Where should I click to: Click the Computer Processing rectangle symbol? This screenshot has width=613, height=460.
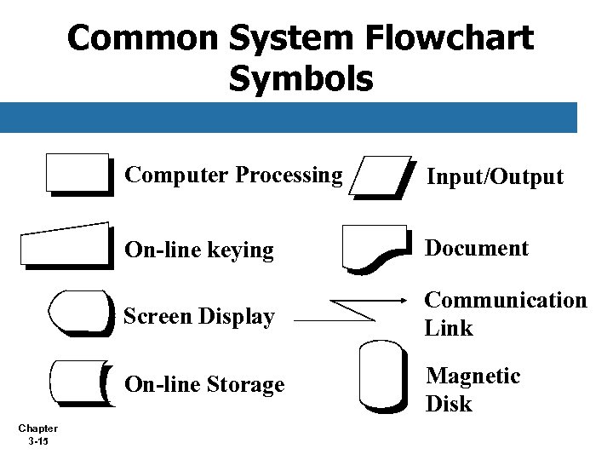coord(79,174)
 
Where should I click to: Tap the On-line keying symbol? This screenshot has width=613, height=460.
coord(66,245)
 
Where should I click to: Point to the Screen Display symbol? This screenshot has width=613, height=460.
coord(80,313)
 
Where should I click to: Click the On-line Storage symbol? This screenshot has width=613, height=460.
coord(78,384)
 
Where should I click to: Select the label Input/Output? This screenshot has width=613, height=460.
coord(495,177)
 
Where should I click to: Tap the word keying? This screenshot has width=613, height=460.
coord(242,250)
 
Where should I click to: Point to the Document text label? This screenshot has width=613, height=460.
coord(477,248)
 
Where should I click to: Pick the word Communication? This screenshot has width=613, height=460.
coord(506,301)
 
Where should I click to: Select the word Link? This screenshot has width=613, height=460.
coord(449,328)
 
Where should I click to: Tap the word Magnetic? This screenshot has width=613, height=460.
coord(473,376)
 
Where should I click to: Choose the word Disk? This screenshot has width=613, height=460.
coord(449,404)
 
